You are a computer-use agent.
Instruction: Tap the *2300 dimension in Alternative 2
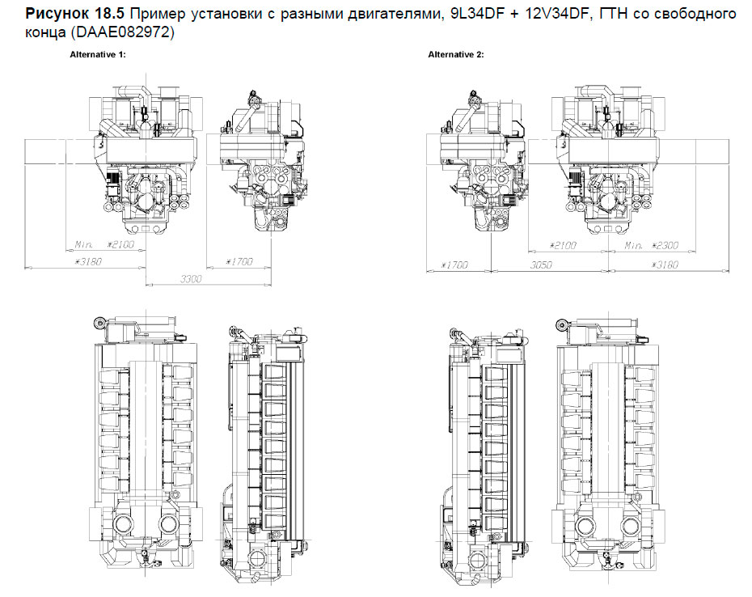pyautogui.click(x=661, y=245)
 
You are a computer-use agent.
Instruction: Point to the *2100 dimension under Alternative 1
pyautogui.click(x=121, y=243)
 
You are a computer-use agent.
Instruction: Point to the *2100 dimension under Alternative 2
pyautogui.click(x=563, y=245)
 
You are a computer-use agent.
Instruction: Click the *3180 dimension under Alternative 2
pyautogui.click(x=661, y=264)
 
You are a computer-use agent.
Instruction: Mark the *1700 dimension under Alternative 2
pyautogui.click(x=455, y=265)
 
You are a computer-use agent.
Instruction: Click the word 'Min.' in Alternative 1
pyautogui.click(x=84, y=243)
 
